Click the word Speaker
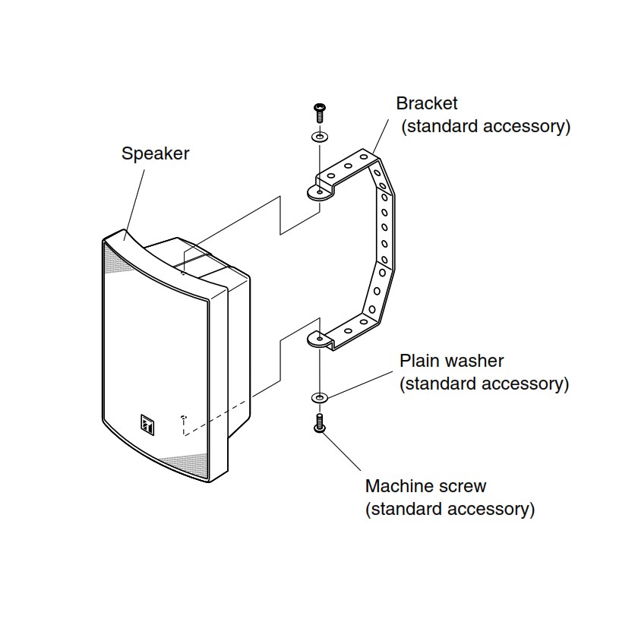pos(155,153)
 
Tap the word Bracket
pos(427,103)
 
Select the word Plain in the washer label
pos(418,361)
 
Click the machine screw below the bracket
pos(319,422)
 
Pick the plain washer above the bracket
pos(318,137)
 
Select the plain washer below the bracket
pos(319,397)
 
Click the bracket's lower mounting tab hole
pos(319,339)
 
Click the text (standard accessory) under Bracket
pos(485,126)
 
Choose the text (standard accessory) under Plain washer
pos(484,384)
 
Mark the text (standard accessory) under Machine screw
pos(450,508)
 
